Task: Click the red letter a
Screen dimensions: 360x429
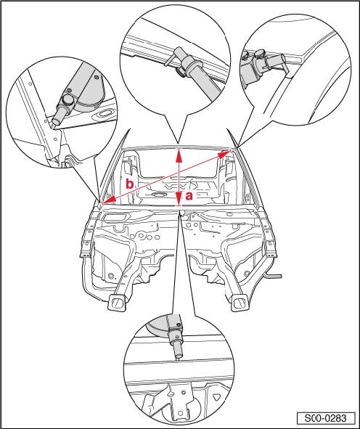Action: pyautogui.click(x=189, y=196)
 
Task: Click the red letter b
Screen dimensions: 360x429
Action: pyautogui.click(x=130, y=184)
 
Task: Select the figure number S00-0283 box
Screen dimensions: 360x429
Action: pyautogui.click(x=326, y=418)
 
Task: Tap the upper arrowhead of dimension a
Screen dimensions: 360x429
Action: pyautogui.click(x=179, y=155)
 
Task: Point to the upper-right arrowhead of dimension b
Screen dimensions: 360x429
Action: pyautogui.click(x=225, y=154)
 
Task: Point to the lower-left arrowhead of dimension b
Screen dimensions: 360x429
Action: pyautogui.click(x=108, y=200)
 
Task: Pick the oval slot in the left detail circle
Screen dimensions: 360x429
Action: pyautogui.click(x=105, y=113)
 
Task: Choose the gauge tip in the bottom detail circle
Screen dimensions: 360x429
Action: pyautogui.click(x=178, y=356)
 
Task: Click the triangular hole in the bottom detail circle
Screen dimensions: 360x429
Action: pyautogui.click(x=216, y=396)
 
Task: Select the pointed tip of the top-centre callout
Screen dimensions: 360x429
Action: pyautogui.click(x=178, y=144)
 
